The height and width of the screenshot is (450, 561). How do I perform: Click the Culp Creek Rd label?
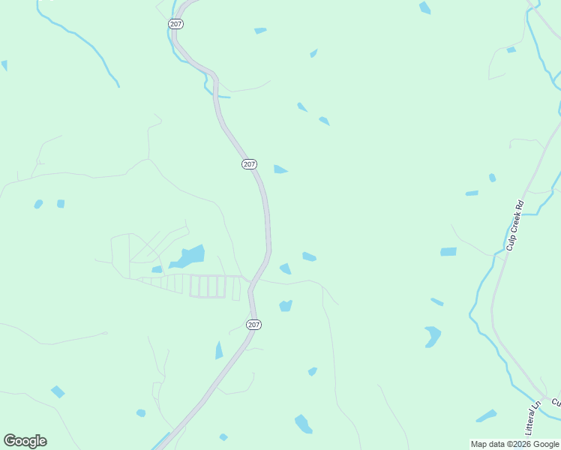point(514,225)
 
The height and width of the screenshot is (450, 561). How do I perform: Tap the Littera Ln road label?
point(532,418)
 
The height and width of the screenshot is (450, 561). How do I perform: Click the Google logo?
point(25,441)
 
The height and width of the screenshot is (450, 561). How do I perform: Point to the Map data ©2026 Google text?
point(514,444)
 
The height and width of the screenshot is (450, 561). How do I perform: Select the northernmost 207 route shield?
point(175,24)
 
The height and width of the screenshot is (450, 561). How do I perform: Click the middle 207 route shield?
point(250,164)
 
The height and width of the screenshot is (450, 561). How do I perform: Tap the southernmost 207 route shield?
point(253,324)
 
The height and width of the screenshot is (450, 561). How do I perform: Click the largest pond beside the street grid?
point(189,256)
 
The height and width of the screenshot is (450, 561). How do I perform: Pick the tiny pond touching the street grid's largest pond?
point(157,269)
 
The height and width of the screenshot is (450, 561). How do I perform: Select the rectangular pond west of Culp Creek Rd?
point(448,252)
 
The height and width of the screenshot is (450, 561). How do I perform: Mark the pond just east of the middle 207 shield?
point(280,169)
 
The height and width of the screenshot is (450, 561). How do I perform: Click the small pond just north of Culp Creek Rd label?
point(492,178)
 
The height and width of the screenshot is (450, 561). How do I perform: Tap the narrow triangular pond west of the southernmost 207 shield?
point(219,350)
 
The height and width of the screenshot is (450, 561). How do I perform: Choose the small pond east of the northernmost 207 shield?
point(260,31)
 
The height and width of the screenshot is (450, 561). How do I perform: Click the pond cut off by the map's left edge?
point(4,65)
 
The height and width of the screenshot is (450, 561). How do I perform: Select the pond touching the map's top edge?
point(425,7)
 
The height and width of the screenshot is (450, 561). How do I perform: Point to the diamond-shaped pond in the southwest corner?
point(58,391)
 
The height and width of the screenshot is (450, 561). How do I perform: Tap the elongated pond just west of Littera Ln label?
point(486,415)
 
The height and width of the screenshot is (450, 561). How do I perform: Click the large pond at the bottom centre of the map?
point(303,424)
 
